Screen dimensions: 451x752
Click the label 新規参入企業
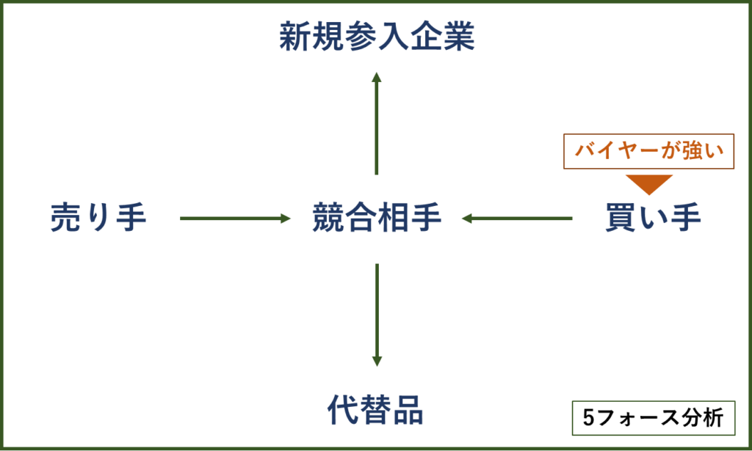tap(377, 37)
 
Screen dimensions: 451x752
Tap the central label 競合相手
tap(377, 218)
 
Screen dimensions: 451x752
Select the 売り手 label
tap(98, 218)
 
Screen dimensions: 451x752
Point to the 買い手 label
tap(653, 218)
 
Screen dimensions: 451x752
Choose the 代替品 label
tap(375, 410)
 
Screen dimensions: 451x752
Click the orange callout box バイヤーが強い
tap(649, 151)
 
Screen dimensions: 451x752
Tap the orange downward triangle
tap(649, 183)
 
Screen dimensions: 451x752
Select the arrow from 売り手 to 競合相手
tap(235, 218)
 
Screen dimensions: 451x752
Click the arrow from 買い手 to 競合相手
tap(517, 218)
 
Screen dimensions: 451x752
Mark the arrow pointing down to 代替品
tap(377, 315)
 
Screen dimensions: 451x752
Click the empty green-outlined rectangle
tap(653, 418)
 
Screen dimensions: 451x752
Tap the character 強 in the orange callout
tap(692, 151)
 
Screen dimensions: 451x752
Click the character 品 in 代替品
tap(408, 410)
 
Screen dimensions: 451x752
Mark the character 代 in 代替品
tap(343, 410)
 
